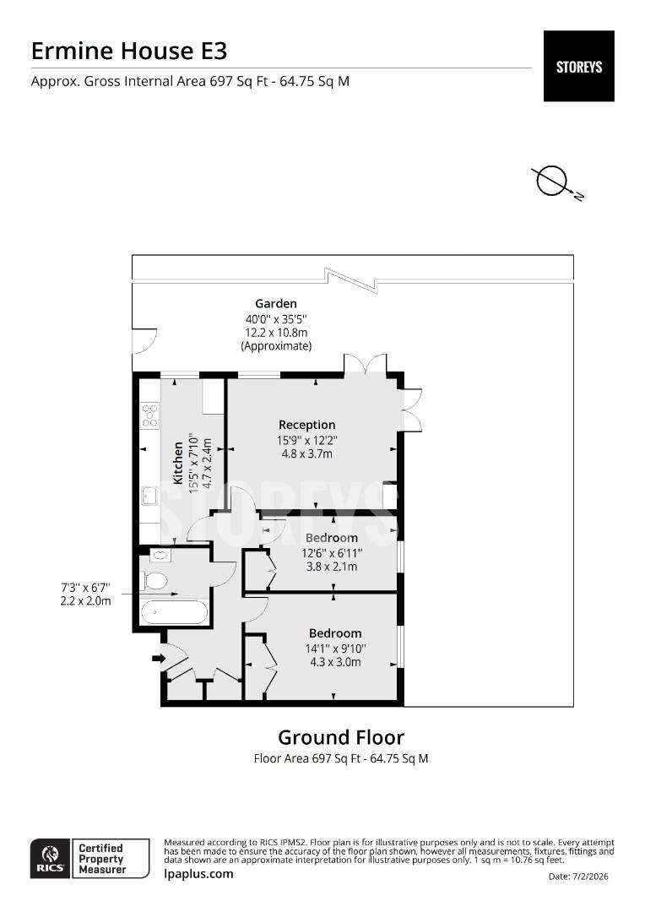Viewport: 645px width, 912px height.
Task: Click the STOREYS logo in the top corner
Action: pyautogui.click(x=578, y=66)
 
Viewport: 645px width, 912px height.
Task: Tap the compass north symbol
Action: pyautogui.click(x=552, y=181)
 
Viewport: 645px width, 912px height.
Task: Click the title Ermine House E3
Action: pyautogui.click(x=129, y=51)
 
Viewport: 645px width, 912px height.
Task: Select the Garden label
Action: pyautogui.click(x=276, y=303)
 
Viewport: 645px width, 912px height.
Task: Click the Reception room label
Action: pyautogui.click(x=307, y=425)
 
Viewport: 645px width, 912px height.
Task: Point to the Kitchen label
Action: pyautogui.click(x=178, y=463)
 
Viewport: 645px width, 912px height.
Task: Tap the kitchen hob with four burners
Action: pyautogui.click(x=149, y=415)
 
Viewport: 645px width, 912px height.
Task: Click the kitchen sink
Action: pyautogui.click(x=149, y=495)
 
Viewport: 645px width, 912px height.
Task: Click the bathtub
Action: pyautogui.click(x=174, y=612)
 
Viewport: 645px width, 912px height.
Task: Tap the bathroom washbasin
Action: pyautogui.click(x=160, y=555)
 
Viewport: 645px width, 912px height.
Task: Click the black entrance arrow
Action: pyautogui.click(x=157, y=658)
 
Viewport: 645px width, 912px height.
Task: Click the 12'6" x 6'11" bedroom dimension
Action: pyautogui.click(x=332, y=553)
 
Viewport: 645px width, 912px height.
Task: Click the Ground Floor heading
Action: pyautogui.click(x=341, y=737)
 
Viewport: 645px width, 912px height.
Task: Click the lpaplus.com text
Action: pyautogui.click(x=198, y=874)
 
